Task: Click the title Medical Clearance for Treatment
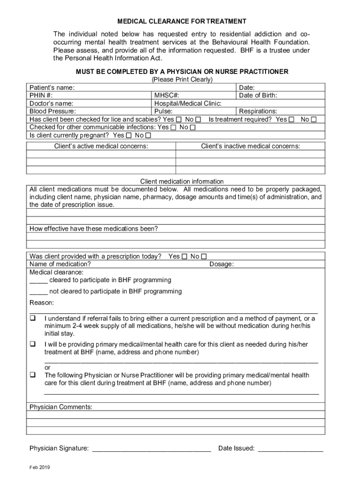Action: pyautogui.click(x=181, y=22)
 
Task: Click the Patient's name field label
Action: pyautogui.click(x=52, y=87)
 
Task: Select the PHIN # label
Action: pyautogui.click(x=41, y=95)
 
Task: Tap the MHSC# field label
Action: pyautogui.click(x=167, y=95)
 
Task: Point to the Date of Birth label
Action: pyautogui.click(x=258, y=95)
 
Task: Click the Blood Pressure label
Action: pyautogui.click(x=52, y=111)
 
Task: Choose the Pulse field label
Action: pyautogui.click(x=164, y=111)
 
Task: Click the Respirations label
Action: pyautogui.click(x=258, y=111)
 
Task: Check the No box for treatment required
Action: pyautogui.click(x=314, y=120)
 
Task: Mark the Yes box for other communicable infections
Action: pyautogui.click(x=173, y=128)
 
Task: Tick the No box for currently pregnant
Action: pyautogui.click(x=148, y=136)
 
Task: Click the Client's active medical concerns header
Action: pyautogui.click(x=101, y=146)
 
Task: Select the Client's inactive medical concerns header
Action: pyautogui.click(x=251, y=146)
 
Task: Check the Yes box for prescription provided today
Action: pyautogui.click(x=185, y=256)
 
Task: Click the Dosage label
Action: pyautogui.click(x=222, y=264)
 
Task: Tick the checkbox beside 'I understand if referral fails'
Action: pyautogui.click(x=33, y=319)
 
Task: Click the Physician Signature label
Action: pyautogui.click(x=59, y=448)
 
